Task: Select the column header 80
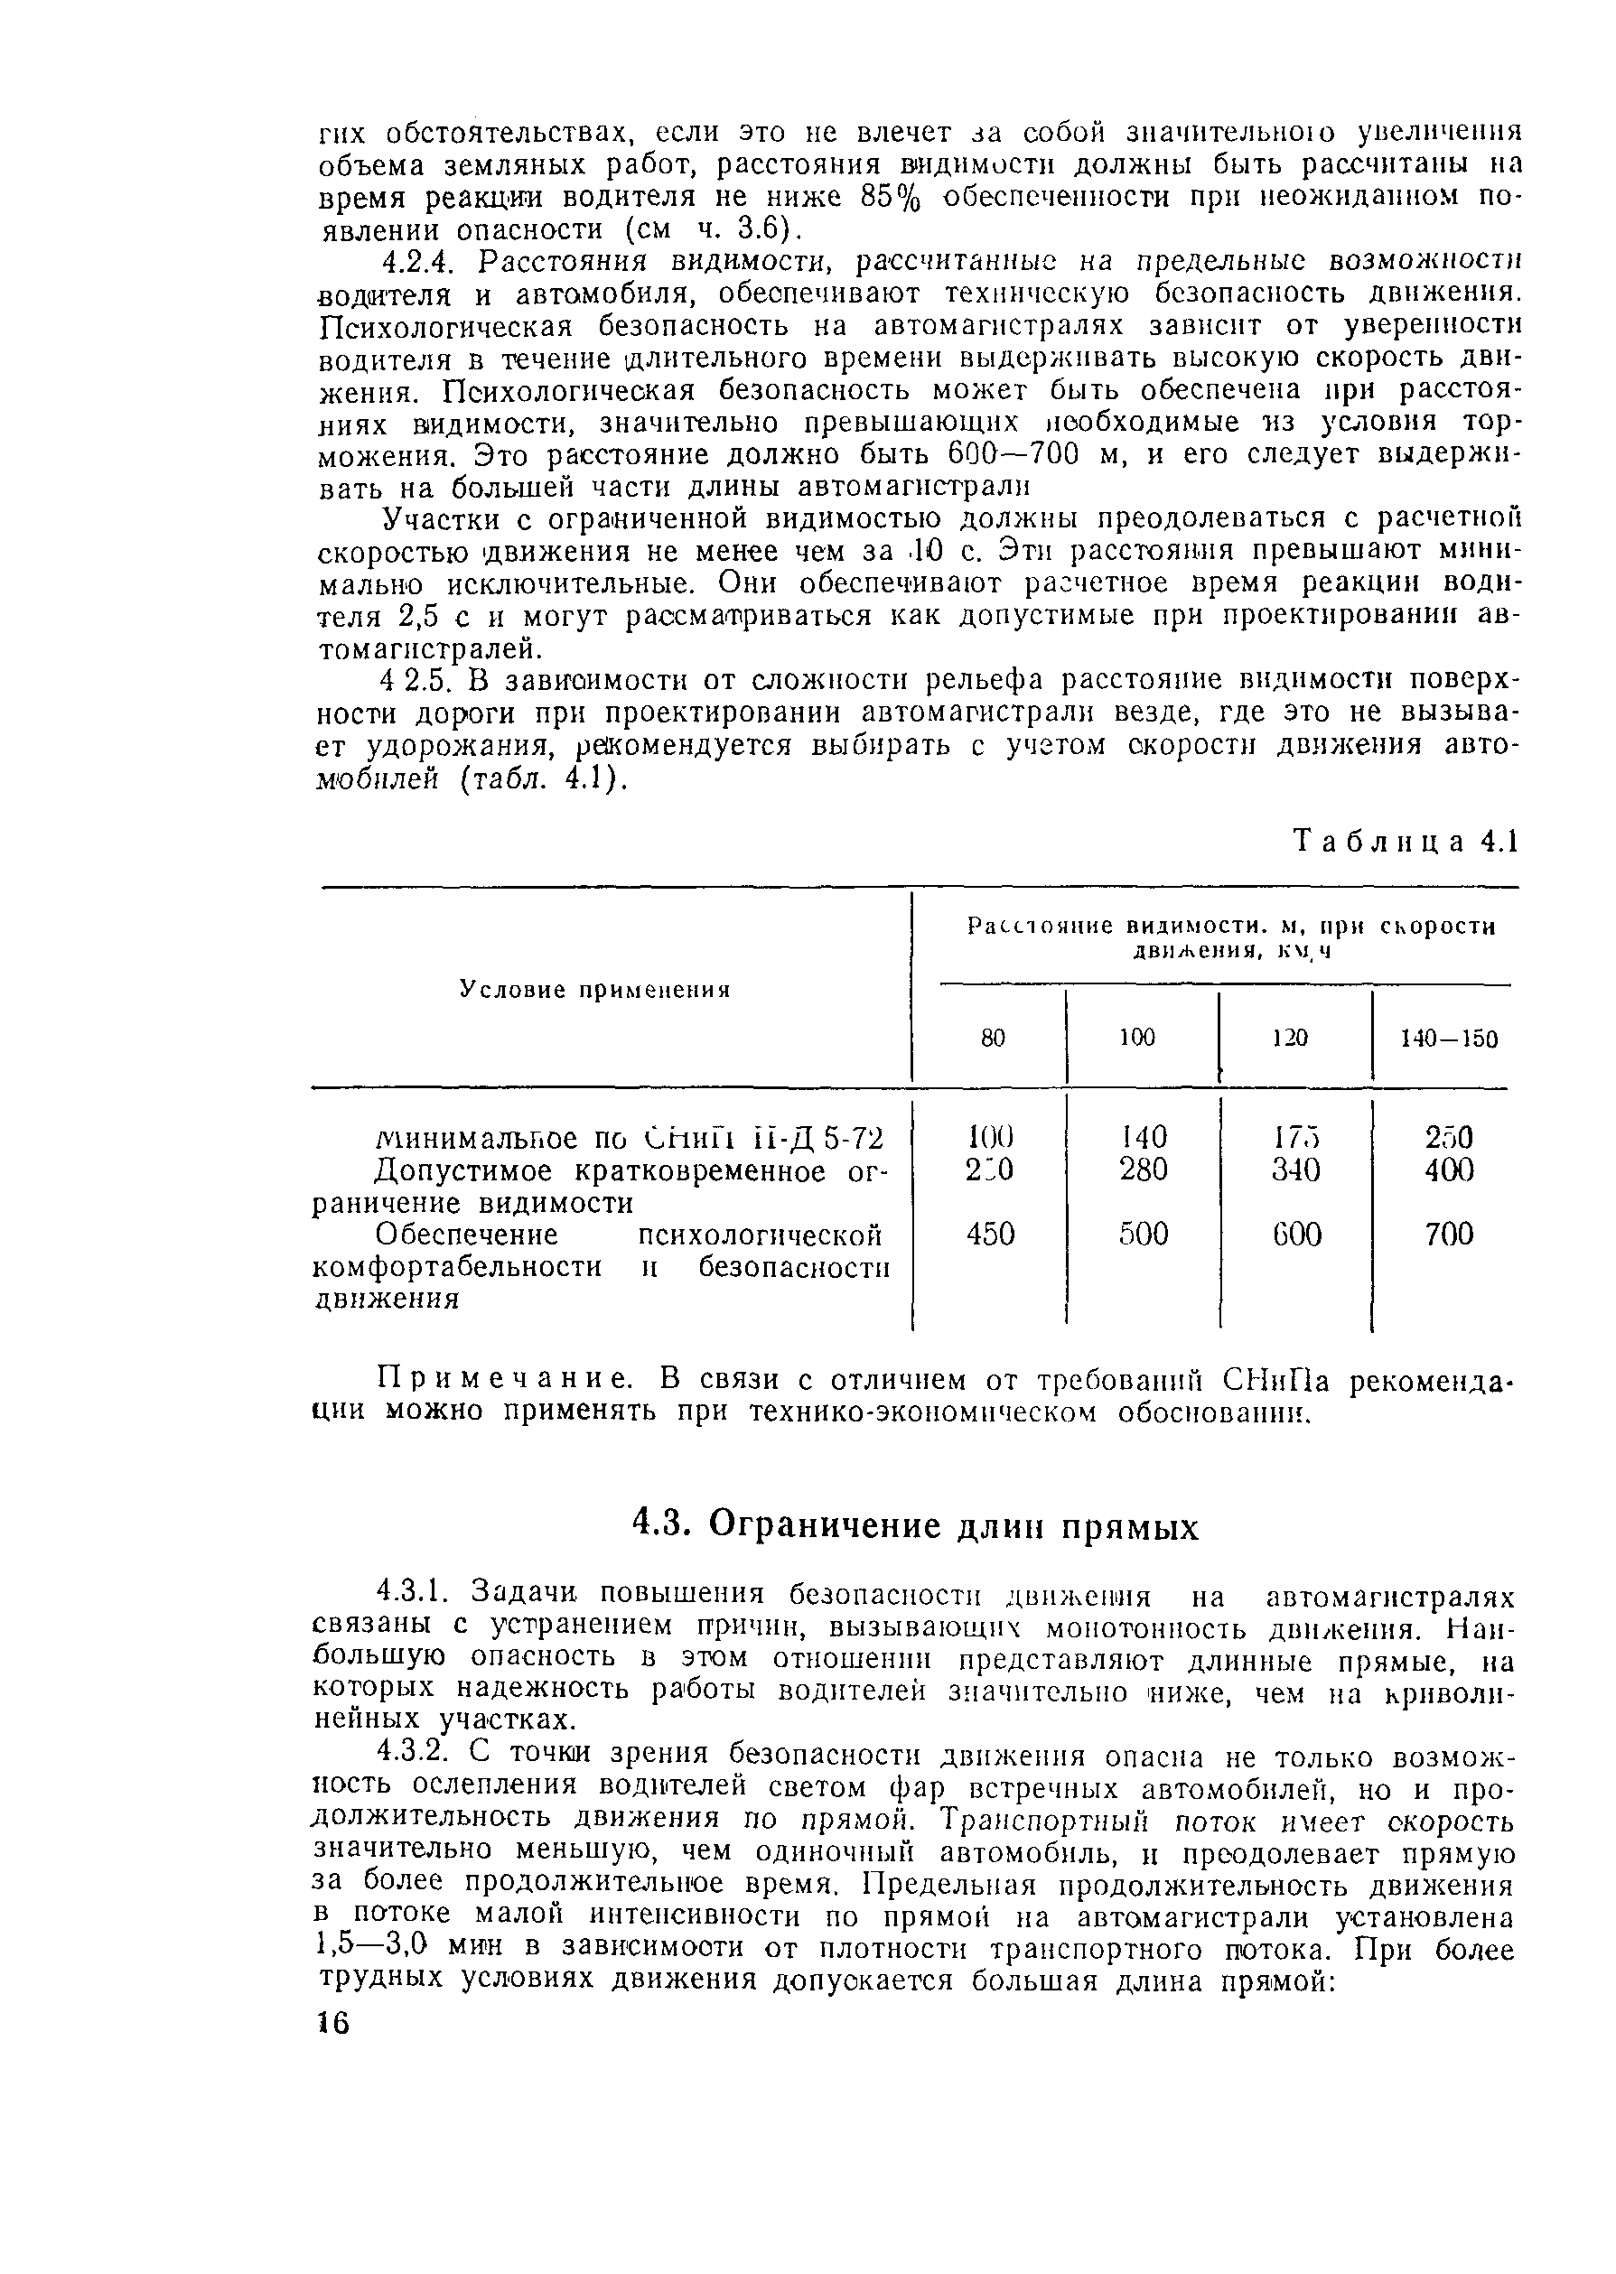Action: (x=993, y=1038)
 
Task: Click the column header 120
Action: (x=1290, y=1038)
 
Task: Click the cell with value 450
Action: (x=990, y=1235)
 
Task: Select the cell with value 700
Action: (x=1448, y=1235)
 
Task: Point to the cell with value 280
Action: (x=1143, y=1169)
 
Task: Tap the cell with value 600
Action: (x=1295, y=1235)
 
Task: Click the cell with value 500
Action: (x=1143, y=1235)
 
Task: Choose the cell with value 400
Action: (x=1448, y=1169)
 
